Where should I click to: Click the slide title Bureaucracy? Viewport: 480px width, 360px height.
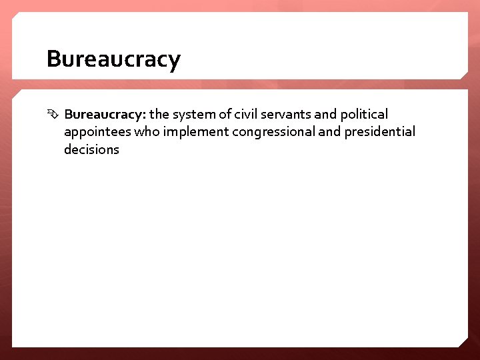tap(113, 60)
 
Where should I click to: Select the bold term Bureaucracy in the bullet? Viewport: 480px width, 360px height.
tap(105, 115)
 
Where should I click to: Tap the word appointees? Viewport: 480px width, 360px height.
tap(97, 132)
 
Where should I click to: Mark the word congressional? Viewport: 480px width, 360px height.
tap(274, 132)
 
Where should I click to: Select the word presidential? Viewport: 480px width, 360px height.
tap(379, 132)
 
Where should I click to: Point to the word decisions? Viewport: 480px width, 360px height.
tap(91, 149)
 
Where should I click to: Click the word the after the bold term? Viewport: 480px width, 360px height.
tap(160, 115)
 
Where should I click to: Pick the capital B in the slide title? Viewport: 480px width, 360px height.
tap(54, 59)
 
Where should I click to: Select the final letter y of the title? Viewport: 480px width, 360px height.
tap(174, 62)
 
